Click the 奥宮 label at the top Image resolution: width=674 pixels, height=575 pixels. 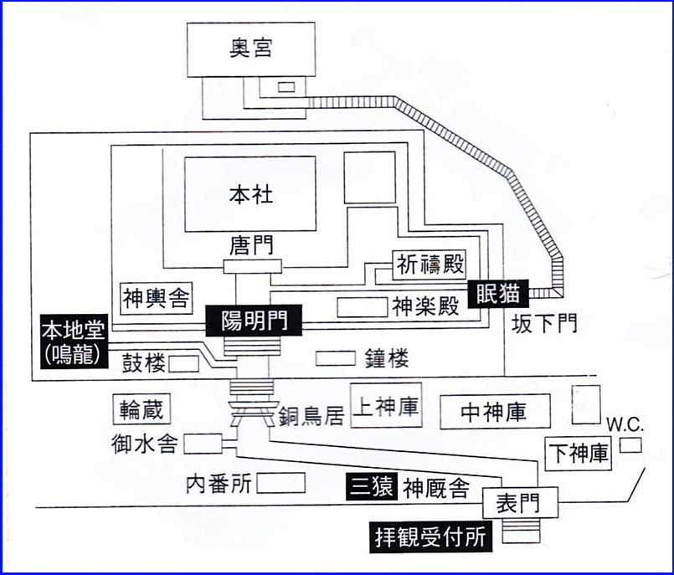click(251, 49)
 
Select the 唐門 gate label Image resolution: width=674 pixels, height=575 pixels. click(251, 246)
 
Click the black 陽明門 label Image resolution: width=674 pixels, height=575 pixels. click(253, 319)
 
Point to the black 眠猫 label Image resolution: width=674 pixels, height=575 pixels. click(497, 293)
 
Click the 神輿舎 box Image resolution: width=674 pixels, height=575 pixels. click(157, 296)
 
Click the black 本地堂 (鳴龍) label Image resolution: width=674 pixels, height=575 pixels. click(71, 339)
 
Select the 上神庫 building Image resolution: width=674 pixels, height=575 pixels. click(385, 406)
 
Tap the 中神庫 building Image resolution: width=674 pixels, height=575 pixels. click(494, 412)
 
